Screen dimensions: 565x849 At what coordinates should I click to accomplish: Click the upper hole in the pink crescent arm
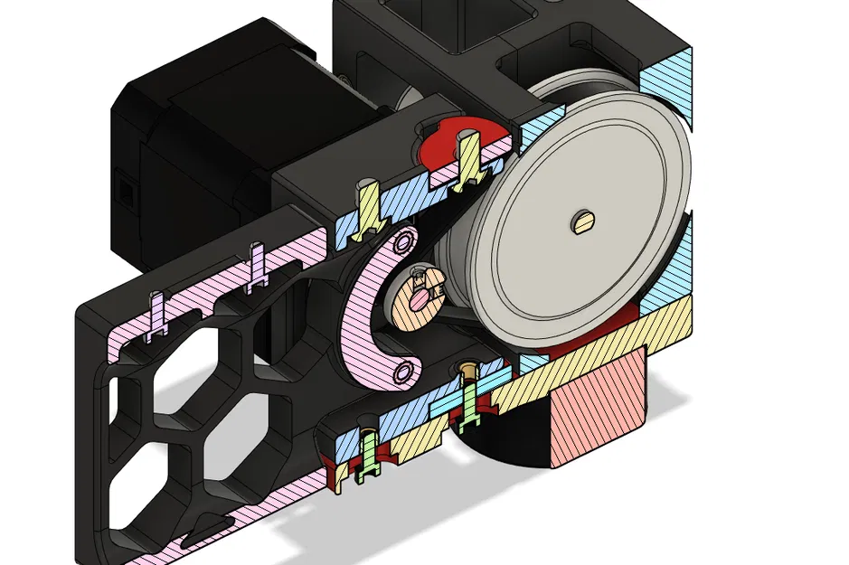tap(403, 241)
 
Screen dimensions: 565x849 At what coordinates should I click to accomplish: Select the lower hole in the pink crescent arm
tap(402, 371)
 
